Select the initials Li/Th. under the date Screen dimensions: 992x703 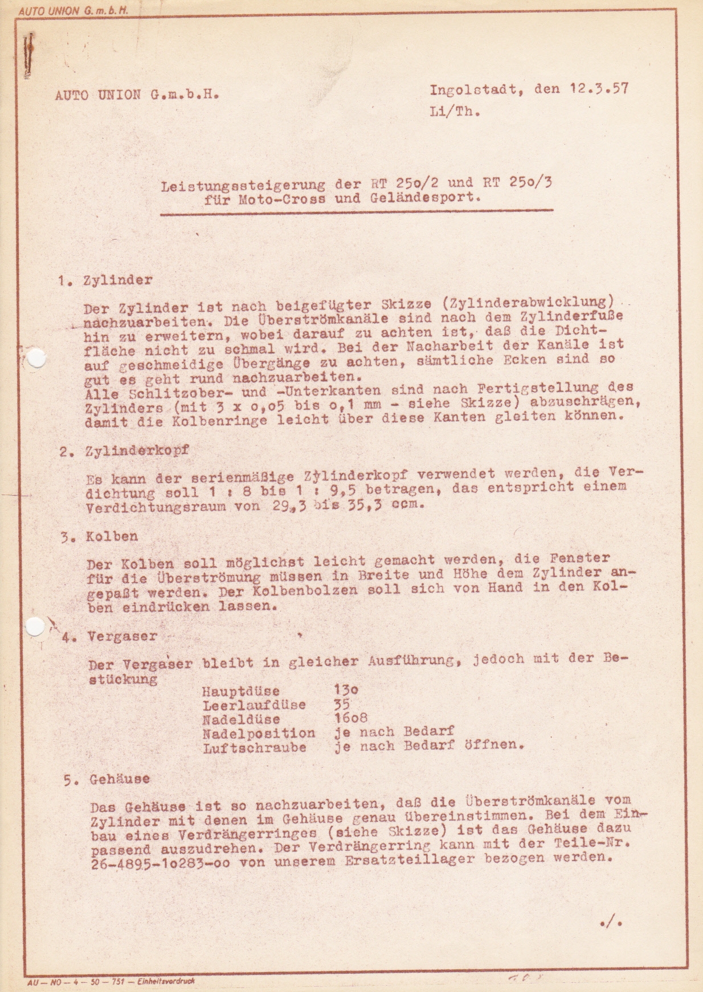pyautogui.click(x=455, y=112)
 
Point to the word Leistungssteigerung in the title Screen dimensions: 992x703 pyautogui.click(x=243, y=185)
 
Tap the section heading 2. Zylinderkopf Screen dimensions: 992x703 pyautogui.click(x=125, y=451)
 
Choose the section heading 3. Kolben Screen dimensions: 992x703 pyautogui.click(x=100, y=536)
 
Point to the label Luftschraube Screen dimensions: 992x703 pyautogui.click(x=255, y=747)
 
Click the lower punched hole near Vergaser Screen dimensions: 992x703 pyautogui.click(x=35, y=626)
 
